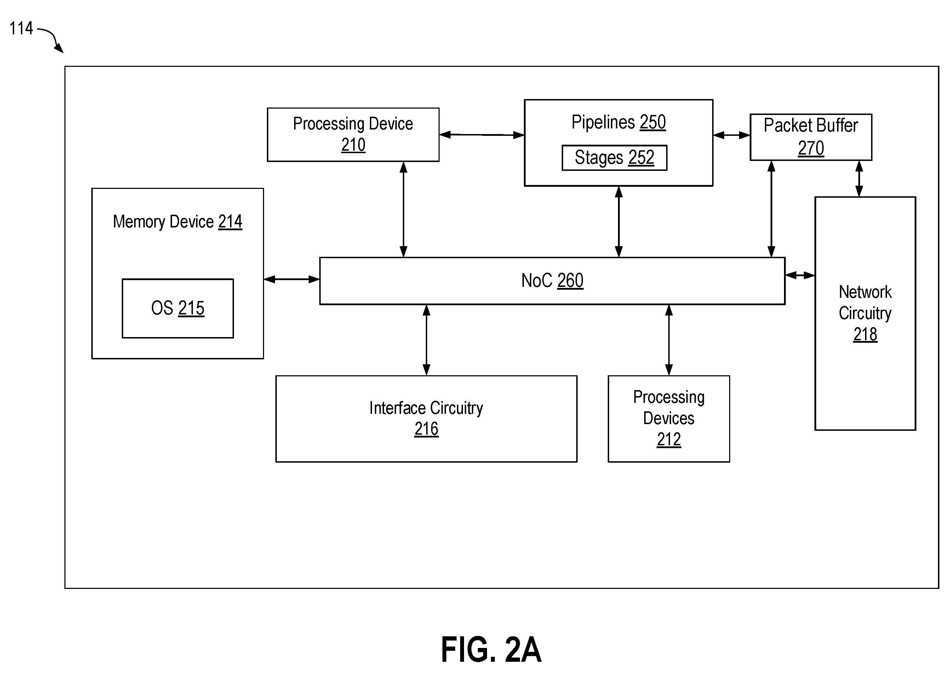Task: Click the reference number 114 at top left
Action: pyautogui.click(x=21, y=28)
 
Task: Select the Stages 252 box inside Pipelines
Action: pyautogui.click(x=614, y=158)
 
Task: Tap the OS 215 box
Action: pyautogui.click(x=178, y=308)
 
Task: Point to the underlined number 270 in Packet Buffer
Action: pyautogui.click(x=811, y=148)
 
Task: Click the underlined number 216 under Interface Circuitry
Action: pyautogui.click(x=427, y=429)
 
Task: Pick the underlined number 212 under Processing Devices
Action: pyautogui.click(x=669, y=440)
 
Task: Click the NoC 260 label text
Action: pyautogui.click(x=552, y=280)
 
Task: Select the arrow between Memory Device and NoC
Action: pyautogui.click(x=292, y=279)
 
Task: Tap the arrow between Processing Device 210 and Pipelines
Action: pyautogui.click(x=482, y=135)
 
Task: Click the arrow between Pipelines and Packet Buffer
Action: pyautogui.click(x=731, y=135)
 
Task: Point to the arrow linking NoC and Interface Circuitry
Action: pyautogui.click(x=427, y=340)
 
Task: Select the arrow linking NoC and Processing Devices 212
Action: pyautogui.click(x=669, y=340)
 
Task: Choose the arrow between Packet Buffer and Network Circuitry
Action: pyautogui.click(x=859, y=179)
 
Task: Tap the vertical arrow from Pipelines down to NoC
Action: pyautogui.click(x=619, y=222)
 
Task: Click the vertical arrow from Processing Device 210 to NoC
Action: pyautogui.click(x=404, y=209)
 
